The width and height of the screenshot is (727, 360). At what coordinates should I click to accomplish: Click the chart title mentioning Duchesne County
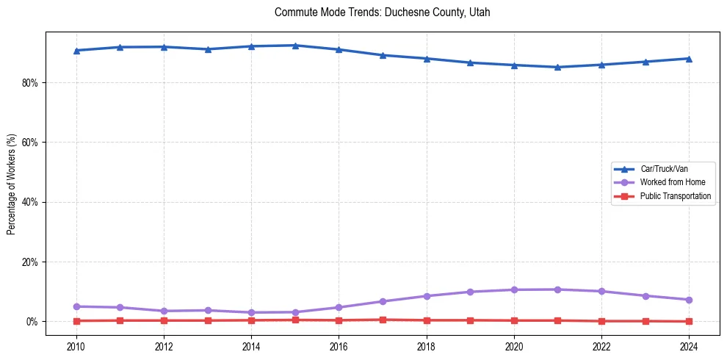pyautogui.click(x=382, y=12)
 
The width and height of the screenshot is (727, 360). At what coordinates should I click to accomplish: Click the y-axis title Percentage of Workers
pyautogui.click(x=12, y=184)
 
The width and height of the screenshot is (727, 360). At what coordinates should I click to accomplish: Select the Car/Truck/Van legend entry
pyautogui.click(x=664, y=169)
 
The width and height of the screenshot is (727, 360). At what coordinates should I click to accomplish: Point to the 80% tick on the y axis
pyautogui.click(x=29, y=83)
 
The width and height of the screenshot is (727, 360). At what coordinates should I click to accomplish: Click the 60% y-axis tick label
pyautogui.click(x=29, y=143)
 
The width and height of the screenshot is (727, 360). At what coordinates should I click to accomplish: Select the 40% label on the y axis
pyautogui.click(x=29, y=202)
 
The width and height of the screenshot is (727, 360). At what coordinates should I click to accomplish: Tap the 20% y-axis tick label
pyautogui.click(x=29, y=262)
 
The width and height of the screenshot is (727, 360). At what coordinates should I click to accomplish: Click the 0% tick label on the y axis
pyautogui.click(x=31, y=322)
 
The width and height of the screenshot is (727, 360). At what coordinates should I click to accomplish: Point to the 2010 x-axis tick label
pyautogui.click(x=76, y=346)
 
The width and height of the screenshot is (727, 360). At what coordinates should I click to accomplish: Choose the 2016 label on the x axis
pyautogui.click(x=339, y=346)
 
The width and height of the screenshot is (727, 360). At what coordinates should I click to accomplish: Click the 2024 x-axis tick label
pyautogui.click(x=689, y=346)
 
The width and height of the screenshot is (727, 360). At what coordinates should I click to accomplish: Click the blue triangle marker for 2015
pyautogui.click(x=295, y=46)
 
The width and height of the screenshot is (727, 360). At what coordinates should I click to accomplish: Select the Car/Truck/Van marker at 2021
pyautogui.click(x=557, y=67)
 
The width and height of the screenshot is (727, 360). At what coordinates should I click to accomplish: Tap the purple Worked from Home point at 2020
pyautogui.click(x=514, y=289)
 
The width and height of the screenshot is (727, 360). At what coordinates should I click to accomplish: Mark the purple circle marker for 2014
pyautogui.click(x=251, y=312)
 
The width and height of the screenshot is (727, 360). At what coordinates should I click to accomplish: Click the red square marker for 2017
pyautogui.click(x=383, y=320)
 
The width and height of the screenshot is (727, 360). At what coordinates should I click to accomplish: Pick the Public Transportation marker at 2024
pyautogui.click(x=689, y=321)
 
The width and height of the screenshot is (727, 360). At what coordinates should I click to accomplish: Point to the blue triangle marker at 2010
pyautogui.click(x=76, y=51)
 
